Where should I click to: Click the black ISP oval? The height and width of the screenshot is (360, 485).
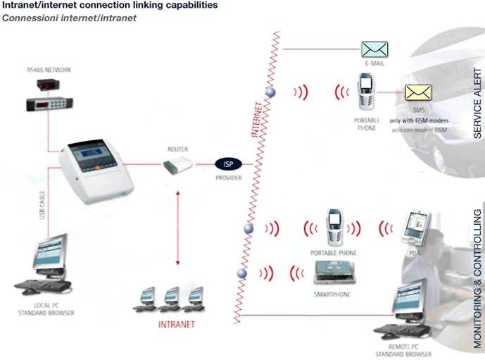[x=228, y=163]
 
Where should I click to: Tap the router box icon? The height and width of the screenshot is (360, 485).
[x=177, y=165]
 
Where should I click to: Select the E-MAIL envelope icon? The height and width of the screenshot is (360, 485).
[x=374, y=49]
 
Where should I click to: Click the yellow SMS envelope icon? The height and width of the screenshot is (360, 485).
[x=417, y=92]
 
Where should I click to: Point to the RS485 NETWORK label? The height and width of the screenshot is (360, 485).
[x=49, y=70]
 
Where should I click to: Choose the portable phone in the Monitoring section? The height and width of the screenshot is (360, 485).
[x=334, y=225]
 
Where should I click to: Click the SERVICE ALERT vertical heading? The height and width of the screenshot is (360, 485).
[x=477, y=103]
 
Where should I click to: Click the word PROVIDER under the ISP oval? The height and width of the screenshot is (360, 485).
[x=228, y=178]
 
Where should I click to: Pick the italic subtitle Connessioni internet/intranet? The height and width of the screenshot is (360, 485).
[x=69, y=18]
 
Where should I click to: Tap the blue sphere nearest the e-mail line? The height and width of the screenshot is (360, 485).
[x=268, y=92]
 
